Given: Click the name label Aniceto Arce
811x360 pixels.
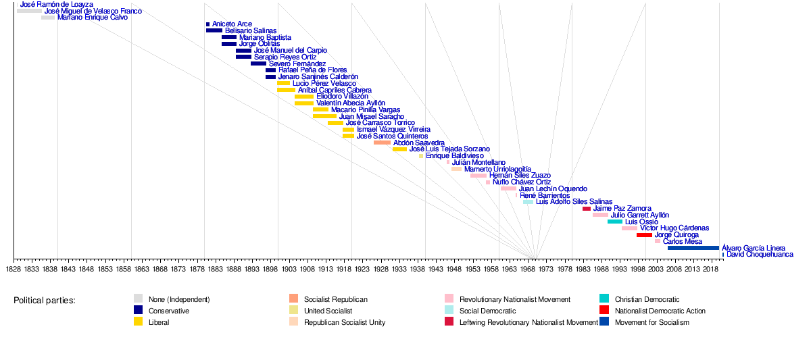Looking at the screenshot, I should [x=232, y=24].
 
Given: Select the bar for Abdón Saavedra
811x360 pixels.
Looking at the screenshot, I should [x=382, y=143].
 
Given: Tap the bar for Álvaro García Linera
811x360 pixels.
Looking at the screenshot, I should [x=693, y=248].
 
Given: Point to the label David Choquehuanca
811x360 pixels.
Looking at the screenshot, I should [x=760, y=255].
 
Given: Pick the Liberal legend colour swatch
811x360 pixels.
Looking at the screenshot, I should [x=138, y=322].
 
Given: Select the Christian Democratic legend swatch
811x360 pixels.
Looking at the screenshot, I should [x=604, y=299].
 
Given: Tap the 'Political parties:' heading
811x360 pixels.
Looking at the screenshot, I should [x=45, y=300].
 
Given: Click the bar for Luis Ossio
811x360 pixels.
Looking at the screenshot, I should [x=615, y=222].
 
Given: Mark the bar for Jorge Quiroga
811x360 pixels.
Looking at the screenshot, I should [x=644, y=235].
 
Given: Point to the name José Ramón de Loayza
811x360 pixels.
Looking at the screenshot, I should [x=57, y=5].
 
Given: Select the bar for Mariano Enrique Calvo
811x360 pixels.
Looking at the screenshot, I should [x=48, y=18].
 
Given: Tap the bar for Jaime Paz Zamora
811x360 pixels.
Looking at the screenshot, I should [x=587, y=209].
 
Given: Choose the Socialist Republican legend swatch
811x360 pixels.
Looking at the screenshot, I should [x=293, y=299].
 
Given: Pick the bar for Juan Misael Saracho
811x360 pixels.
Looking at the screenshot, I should [x=324, y=116].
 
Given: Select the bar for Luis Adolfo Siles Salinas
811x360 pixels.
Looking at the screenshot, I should [x=528, y=202].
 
